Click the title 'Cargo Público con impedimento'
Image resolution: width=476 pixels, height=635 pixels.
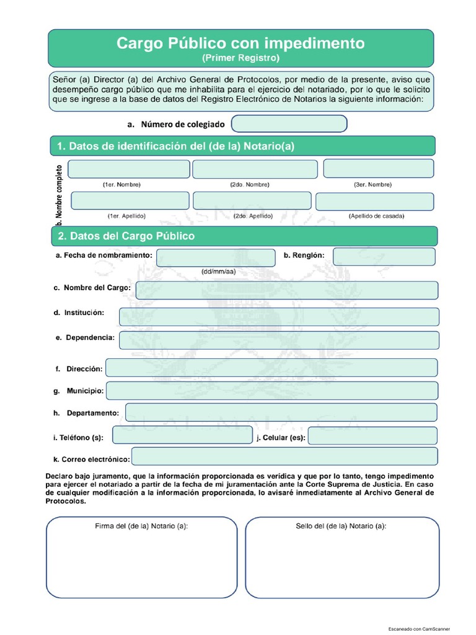tap(240, 43)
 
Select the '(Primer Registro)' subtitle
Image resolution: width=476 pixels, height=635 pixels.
tap(240, 58)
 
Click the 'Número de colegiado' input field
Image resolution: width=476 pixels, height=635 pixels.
tap(289, 124)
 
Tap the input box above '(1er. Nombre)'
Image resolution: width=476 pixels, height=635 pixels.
tap(129, 169)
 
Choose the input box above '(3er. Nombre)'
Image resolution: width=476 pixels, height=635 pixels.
tap(378, 169)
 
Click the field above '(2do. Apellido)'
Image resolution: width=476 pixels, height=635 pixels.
tap(252, 200)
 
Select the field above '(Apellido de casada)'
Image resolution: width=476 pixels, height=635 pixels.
tap(375, 201)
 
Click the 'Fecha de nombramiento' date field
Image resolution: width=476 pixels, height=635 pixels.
tap(215, 257)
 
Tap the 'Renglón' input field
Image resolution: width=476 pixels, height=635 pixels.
tap(384, 257)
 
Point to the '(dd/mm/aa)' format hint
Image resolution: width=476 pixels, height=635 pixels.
tap(218, 272)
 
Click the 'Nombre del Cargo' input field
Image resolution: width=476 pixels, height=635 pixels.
tap(286, 290)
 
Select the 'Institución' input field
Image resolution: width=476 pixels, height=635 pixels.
tap(279, 316)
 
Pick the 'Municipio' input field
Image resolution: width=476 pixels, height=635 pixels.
tap(272, 391)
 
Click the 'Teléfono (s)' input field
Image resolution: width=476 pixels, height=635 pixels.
tap(182, 435)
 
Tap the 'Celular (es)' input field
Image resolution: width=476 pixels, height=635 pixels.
tap(372, 436)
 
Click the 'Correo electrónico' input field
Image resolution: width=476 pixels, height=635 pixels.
tap(284, 457)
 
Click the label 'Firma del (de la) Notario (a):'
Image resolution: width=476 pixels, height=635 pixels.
tap(141, 526)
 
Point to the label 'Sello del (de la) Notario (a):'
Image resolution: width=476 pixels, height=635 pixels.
tap(341, 526)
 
